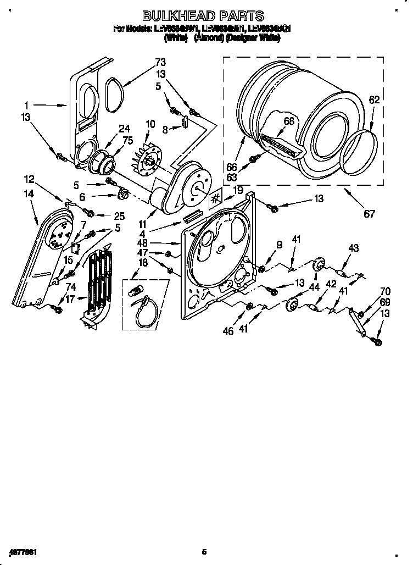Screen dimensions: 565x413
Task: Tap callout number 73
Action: click(160, 62)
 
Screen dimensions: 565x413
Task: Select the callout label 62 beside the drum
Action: click(374, 100)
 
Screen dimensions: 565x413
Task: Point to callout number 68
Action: click(289, 121)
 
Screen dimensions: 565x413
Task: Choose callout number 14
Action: click(28, 193)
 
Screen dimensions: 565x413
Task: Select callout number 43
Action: click(353, 248)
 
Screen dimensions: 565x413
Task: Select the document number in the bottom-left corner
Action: click(23, 551)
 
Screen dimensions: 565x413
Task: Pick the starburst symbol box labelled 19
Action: click(216, 198)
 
